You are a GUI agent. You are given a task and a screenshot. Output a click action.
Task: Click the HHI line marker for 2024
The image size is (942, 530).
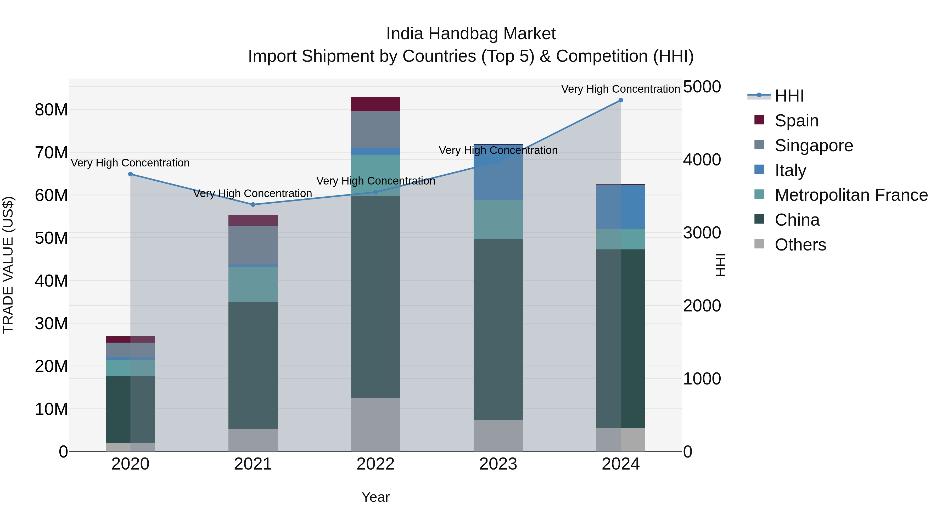tap(621, 100)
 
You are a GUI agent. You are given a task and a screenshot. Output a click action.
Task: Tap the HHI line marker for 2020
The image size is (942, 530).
tap(131, 174)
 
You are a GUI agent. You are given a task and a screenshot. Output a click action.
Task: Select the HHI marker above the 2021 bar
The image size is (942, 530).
tap(253, 204)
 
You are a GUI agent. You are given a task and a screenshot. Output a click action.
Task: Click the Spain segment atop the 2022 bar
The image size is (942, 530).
tap(375, 104)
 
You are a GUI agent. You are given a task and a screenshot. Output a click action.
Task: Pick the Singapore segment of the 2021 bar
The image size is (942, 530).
tap(253, 245)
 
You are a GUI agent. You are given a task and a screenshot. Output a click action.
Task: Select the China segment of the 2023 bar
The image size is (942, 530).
tap(498, 329)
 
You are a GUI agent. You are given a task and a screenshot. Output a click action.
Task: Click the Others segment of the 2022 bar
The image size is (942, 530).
tap(375, 424)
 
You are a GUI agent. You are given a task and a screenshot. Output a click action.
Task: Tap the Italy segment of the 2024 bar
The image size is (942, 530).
tap(621, 207)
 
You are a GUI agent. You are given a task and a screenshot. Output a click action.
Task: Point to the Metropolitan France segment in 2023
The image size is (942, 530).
tap(498, 220)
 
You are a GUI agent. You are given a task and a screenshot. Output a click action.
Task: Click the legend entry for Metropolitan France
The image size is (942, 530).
tap(851, 195)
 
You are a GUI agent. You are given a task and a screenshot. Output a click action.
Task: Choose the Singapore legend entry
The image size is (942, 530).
tap(814, 145)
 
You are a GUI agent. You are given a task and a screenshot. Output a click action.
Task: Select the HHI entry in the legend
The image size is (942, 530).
tap(789, 96)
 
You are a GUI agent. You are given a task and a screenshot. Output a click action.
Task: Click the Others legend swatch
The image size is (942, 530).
tap(759, 244)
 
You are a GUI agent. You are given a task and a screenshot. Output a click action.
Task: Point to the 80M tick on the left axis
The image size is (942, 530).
tap(51, 110)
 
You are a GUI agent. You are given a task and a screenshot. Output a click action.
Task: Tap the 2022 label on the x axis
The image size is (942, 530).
tap(375, 464)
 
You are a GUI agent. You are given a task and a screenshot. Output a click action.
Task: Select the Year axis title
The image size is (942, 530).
tap(375, 497)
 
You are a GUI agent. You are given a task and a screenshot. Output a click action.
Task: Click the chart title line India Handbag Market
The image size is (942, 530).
tap(471, 34)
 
